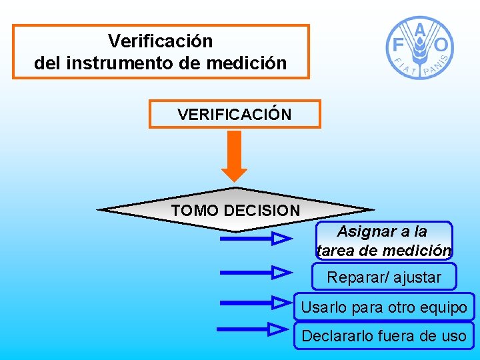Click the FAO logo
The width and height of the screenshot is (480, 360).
click(x=420, y=47)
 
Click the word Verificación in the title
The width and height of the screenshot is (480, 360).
click(x=160, y=41)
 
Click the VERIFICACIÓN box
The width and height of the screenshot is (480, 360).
click(x=235, y=114)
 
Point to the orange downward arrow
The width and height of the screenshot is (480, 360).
click(x=234, y=155)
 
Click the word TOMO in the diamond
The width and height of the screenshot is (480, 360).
click(x=195, y=211)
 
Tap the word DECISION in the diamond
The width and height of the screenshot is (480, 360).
click(x=262, y=211)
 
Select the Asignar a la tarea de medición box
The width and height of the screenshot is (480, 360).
click(x=384, y=241)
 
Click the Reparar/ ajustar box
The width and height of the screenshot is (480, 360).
click(x=384, y=277)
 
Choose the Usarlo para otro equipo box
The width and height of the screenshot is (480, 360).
click(x=384, y=308)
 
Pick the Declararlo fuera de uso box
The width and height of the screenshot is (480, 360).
click(x=384, y=336)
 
